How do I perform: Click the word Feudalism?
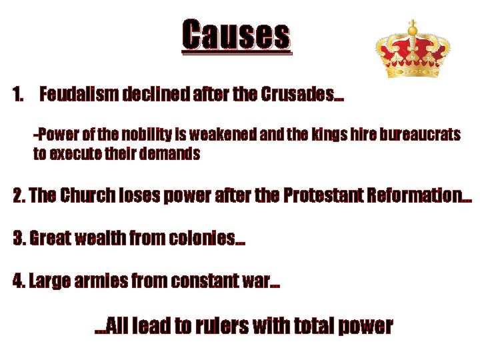[79, 95]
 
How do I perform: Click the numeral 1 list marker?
[19, 95]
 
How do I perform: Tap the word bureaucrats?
[421, 135]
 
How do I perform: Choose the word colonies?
[201, 238]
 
